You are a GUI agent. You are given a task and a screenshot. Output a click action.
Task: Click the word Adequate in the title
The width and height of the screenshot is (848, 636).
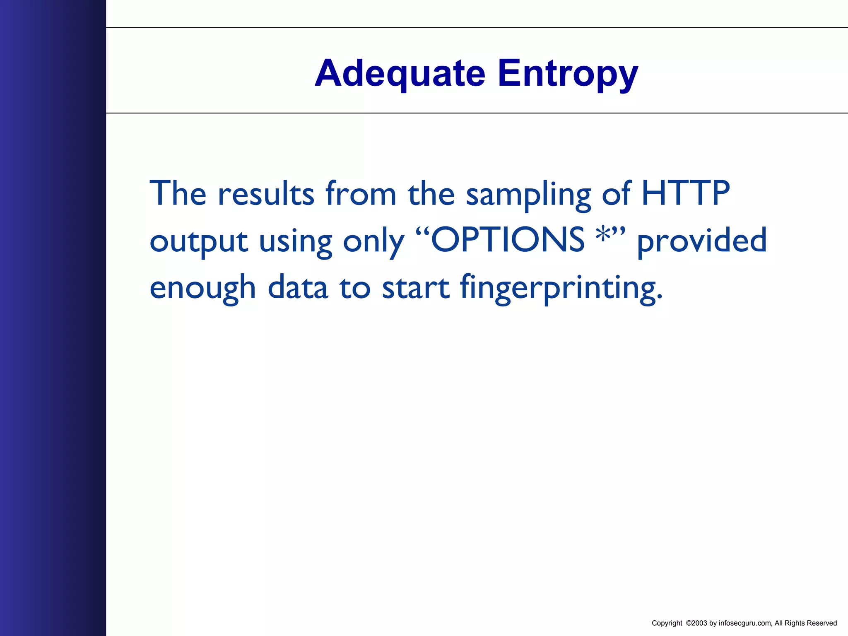(400, 74)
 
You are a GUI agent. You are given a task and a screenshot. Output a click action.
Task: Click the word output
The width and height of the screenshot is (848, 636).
(199, 241)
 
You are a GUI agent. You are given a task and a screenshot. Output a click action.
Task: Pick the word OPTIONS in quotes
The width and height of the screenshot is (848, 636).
(508, 240)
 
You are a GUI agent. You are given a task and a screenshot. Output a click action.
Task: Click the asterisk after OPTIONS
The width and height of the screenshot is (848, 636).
(603, 234)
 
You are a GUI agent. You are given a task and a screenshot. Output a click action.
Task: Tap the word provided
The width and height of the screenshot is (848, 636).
(702, 241)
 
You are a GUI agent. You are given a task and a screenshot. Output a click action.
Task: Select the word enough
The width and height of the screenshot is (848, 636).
(202, 288)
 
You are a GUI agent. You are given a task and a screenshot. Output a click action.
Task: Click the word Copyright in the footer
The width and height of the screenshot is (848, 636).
(667, 623)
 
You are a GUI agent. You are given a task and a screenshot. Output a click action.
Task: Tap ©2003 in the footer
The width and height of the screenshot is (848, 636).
(696, 623)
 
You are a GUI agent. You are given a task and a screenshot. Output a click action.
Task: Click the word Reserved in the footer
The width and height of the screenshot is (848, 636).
(821, 623)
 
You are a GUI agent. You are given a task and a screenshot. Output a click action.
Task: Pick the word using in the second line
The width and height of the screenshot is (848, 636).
(295, 242)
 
